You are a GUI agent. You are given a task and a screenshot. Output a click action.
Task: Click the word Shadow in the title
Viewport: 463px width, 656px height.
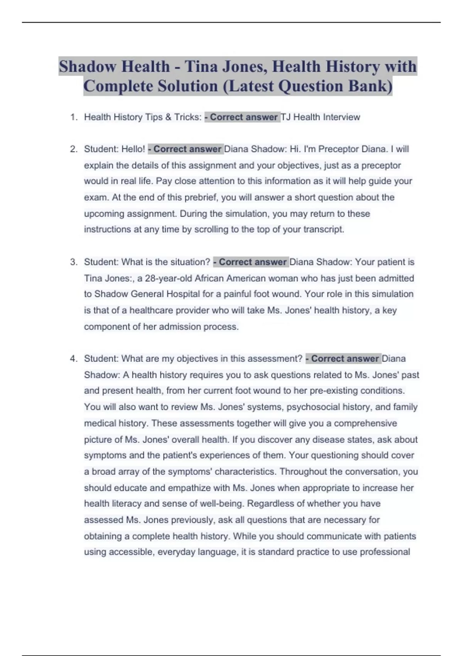tap(87, 67)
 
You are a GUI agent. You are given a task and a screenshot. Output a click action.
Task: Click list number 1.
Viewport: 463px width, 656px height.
tap(74, 117)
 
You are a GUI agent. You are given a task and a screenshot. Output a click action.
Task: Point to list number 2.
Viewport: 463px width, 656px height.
tap(74, 149)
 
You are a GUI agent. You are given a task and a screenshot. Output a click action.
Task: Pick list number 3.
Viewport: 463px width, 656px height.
tap(74, 262)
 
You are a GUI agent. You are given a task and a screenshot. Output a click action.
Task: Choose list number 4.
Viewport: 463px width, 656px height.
tap(74, 359)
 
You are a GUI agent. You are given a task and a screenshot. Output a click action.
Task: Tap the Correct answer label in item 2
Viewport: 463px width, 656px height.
tap(185, 149)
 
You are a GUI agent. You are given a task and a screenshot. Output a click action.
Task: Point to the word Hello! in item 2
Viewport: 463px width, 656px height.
tap(133, 149)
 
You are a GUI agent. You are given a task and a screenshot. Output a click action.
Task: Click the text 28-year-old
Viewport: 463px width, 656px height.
tap(168, 279)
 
